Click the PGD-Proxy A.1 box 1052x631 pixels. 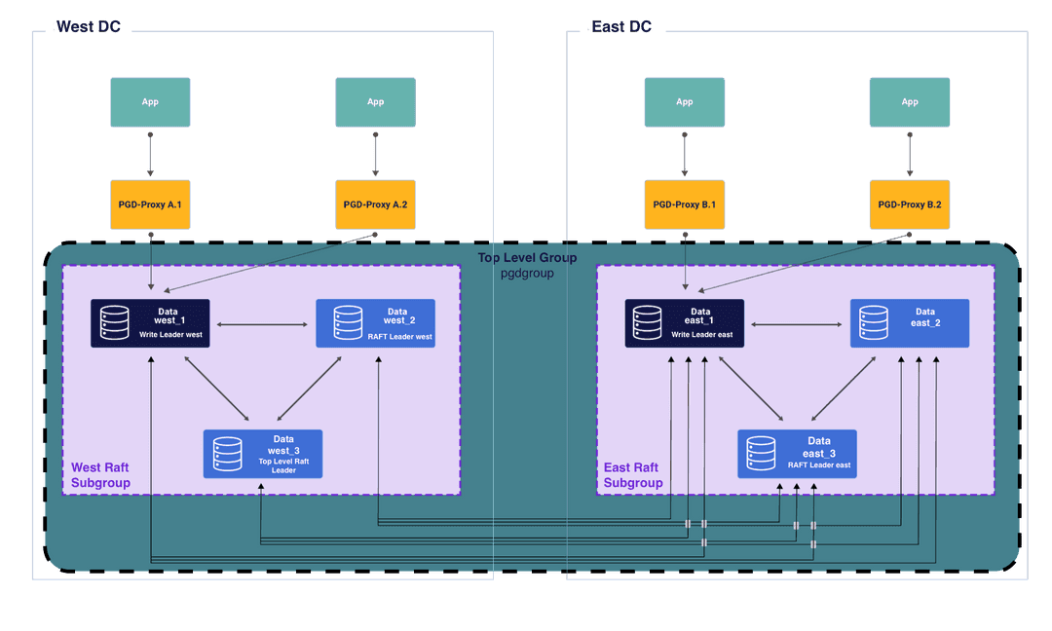(x=150, y=205)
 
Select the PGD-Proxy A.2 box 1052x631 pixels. (x=375, y=205)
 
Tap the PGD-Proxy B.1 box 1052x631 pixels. (x=684, y=205)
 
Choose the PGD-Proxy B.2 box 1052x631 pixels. (x=909, y=205)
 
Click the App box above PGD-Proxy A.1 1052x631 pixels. (x=150, y=102)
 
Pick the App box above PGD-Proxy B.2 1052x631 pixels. (x=909, y=102)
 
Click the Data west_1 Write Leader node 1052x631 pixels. (x=150, y=323)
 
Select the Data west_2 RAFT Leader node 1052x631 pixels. (x=375, y=323)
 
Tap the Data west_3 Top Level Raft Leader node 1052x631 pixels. (x=262, y=454)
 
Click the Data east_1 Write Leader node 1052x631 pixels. (x=684, y=323)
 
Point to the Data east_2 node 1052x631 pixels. (x=909, y=323)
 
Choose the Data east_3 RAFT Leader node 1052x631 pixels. (x=797, y=454)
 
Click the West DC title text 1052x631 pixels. (x=88, y=26)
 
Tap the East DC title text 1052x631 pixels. (x=621, y=26)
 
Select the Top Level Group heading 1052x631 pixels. (x=527, y=258)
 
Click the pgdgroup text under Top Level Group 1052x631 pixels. (x=527, y=274)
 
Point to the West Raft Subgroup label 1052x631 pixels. (x=100, y=475)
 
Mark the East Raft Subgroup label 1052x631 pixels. (x=633, y=475)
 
